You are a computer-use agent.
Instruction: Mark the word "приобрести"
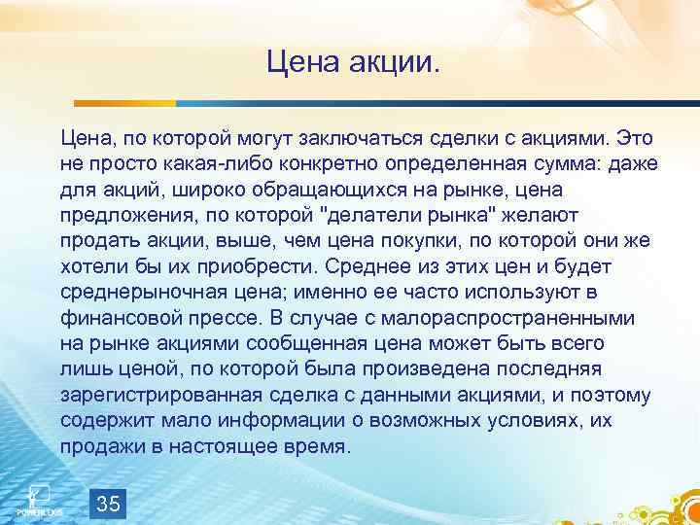(x=237, y=266)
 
